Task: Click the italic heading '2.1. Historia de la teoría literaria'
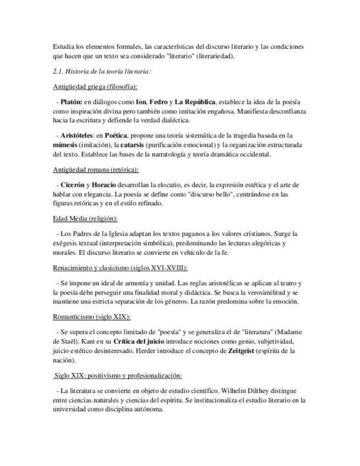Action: (102, 71)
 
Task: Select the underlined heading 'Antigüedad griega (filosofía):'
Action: (95, 87)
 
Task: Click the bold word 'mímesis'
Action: (68, 145)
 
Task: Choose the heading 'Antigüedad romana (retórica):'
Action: (96, 170)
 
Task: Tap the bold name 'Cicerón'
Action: (73, 185)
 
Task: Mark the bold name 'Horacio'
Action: (103, 185)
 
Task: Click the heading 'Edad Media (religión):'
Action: (85, 218)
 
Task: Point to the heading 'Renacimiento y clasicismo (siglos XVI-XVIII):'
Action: (120, 268)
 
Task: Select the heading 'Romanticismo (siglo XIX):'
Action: (92, 317)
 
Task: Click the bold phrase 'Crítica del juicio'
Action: (140, 341)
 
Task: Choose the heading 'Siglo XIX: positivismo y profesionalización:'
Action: (118, 375)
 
